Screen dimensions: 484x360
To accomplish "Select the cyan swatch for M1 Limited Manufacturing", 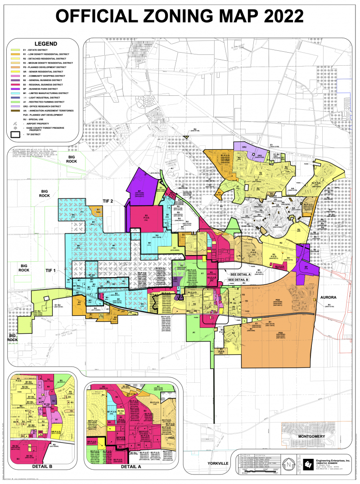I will [14, 93].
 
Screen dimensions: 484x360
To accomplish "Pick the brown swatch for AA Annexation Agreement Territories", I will [14, 110].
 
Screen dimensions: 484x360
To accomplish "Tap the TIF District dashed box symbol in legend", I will [14, 134].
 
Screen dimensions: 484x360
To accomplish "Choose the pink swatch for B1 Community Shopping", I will [14, 76].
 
